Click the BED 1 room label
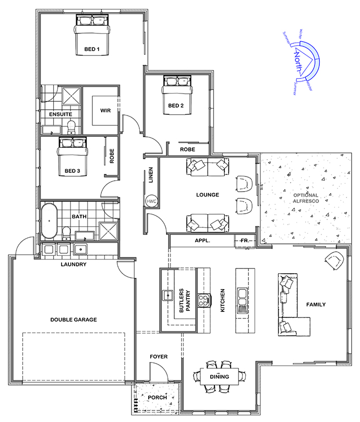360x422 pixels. coord(92,49)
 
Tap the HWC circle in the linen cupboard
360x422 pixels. coord(151,201)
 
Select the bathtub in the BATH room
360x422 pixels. coord(49,221)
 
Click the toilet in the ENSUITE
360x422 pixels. coord(71,127)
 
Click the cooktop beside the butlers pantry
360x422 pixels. coord(205,300)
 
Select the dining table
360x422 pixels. coord(219,377)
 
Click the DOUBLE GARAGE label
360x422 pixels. coord(74,320)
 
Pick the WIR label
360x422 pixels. coord(105,110)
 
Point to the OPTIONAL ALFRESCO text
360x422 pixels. coord(306,198)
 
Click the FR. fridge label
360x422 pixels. coord(245,240)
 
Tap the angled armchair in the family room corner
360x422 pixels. coord(334,260)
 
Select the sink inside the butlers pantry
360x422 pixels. coord(168,295)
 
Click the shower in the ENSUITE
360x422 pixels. coord(71,96)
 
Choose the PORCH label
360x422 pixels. coord(157,397)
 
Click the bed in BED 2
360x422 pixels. coord(178,95)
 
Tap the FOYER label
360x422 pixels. coord(159,356)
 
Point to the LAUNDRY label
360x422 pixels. coord(74,264)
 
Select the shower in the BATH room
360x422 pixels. coord(108,231)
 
